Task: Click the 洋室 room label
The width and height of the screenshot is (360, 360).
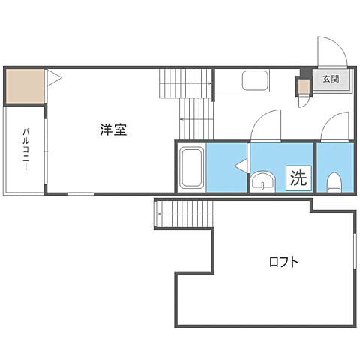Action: click(113, 129)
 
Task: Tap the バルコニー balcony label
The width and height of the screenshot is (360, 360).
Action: click(25, 150)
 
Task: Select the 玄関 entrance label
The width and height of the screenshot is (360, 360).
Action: click(331, 78)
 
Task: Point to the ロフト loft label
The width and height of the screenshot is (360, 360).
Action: click(284, 262)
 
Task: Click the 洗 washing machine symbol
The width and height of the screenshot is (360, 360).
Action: click(298, 178)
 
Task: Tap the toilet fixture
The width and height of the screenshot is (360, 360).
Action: click(334, 181)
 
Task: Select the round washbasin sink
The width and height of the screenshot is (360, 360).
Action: click(262, 181)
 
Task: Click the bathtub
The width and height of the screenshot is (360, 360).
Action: click(192, 168)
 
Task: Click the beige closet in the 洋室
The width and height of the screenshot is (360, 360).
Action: click(24, 85)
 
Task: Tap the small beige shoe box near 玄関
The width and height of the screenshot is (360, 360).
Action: click(303, 86)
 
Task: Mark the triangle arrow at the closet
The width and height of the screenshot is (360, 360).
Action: click(53, 77)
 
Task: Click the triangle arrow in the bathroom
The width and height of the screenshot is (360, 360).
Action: click(241, 166)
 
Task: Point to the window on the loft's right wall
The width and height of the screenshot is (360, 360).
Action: click(353, 259)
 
